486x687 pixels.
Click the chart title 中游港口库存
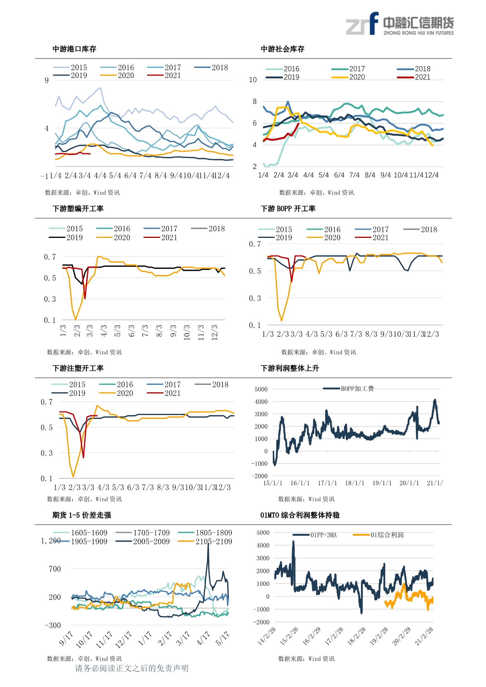click(x=74, y=49)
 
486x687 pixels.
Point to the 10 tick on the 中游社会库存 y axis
click(x=253, y=80)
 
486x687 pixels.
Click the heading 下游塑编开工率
click(x=78, y=208)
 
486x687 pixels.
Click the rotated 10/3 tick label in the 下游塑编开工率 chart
click(x=187, y=332)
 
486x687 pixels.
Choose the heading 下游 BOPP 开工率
click(x=288, y=208)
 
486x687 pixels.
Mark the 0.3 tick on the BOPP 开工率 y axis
click(x=255, y=298)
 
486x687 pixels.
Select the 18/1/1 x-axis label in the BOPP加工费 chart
click(x=354, y=483)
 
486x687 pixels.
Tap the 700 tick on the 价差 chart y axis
click(x=55, y=569)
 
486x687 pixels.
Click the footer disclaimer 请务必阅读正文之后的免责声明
click(x=132, y=668)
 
